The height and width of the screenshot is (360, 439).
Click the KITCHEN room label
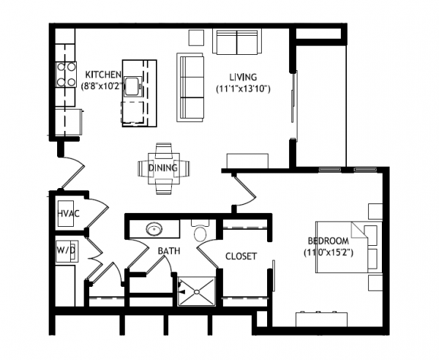point(103,75)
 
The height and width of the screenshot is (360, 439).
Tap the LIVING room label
point(243,77)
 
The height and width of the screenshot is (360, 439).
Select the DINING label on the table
point(162,168)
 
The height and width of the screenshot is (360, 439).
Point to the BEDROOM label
point(329,241)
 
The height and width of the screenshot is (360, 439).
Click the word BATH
point(169,251)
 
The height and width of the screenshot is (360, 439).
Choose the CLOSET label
point(241,256)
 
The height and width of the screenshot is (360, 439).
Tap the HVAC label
point(68,214)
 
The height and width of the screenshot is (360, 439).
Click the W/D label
point(66,250)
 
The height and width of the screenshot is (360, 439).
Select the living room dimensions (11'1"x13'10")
point(243,89)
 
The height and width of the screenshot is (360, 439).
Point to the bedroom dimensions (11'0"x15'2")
point(329,252)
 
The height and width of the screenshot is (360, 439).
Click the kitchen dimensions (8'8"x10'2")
point(102,86)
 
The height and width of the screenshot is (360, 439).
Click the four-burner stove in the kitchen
point(67,75)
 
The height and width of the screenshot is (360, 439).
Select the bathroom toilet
point(200,231)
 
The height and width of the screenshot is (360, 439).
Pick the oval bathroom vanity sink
point(154,229)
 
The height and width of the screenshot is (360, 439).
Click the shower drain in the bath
point(197,292)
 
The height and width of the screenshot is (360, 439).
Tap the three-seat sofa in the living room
point(190,87)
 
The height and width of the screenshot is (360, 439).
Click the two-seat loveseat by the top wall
point(237,42)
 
